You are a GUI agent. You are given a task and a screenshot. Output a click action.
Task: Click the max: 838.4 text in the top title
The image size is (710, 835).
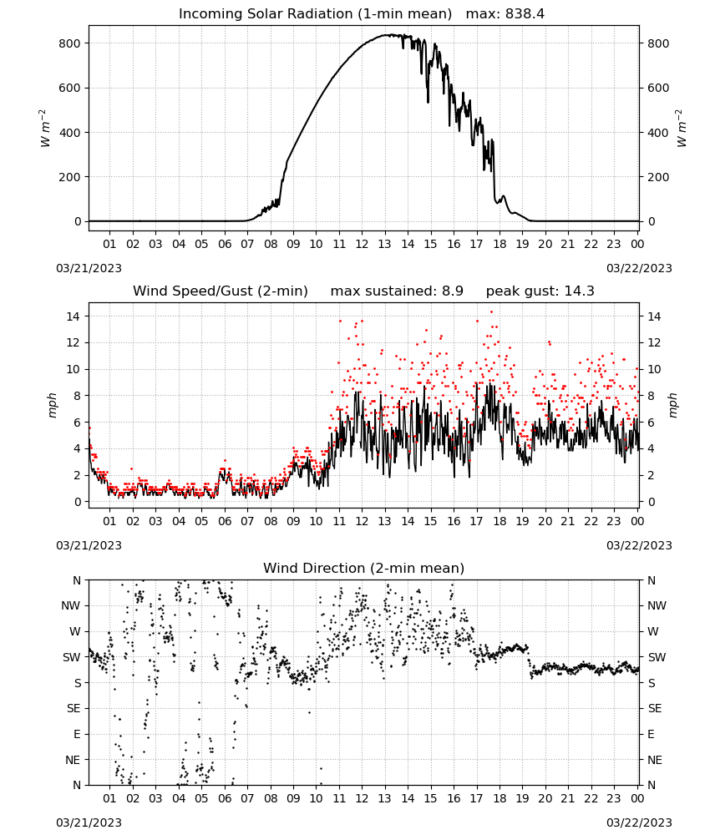click(505, 13)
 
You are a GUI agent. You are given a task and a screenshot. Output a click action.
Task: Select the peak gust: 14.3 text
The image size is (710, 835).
click(540, 291)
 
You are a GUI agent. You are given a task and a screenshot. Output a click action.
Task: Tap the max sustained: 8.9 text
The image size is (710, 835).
click(397, 291)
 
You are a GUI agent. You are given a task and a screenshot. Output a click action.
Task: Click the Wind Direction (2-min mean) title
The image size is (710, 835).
click(364, 568)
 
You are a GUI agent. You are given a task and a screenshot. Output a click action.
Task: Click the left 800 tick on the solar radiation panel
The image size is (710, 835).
click(69, 43)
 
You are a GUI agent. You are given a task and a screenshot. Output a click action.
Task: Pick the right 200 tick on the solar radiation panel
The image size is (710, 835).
click(658, 177)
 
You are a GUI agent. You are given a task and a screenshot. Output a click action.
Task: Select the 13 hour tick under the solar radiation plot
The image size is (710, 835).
click(384, 244)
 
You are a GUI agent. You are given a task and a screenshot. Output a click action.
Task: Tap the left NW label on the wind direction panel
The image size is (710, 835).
click(71, 605)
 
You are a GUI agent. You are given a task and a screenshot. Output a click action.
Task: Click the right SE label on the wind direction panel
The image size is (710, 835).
click(655, 708)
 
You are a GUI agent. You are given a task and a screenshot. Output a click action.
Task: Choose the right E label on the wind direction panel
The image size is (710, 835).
click(651, 734)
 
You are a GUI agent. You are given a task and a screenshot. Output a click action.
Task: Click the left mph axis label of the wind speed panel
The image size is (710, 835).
click(52, 405)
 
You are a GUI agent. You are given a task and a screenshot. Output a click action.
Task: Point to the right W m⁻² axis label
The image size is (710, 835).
click(682, 129)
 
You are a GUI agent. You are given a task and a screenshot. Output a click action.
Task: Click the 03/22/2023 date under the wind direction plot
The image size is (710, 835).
click(639, 822)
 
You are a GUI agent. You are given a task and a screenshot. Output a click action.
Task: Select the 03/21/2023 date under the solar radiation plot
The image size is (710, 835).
click(89, 268)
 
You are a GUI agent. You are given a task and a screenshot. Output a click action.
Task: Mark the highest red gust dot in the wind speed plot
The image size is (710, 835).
click(492, 312)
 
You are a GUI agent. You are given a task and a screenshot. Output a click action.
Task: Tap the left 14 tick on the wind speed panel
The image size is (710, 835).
click(74, 316)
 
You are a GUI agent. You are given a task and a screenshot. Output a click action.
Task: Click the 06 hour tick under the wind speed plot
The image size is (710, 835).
click(225, 521)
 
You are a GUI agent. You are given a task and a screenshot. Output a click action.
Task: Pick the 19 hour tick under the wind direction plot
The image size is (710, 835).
click(523, 798)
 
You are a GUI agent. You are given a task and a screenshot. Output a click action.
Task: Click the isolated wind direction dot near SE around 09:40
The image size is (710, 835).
click(309, 712)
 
